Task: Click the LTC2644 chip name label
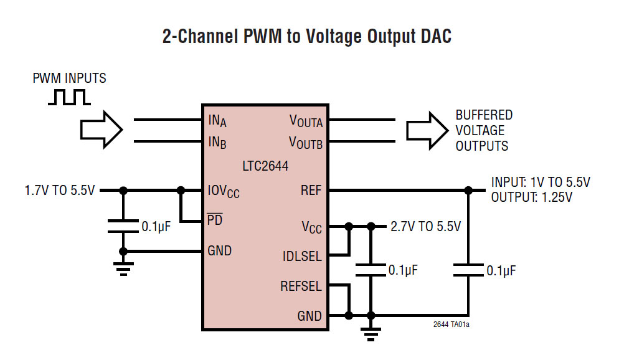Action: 265,166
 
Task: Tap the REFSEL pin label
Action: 301,287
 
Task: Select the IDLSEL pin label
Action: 302,255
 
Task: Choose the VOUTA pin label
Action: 306,121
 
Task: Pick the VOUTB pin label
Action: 306,142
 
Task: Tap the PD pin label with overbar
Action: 215,220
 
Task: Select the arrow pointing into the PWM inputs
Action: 101,130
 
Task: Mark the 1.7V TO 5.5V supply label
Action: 60,190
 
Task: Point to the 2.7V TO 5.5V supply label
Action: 425,226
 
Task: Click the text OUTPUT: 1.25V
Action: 531,197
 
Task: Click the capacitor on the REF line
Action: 468,270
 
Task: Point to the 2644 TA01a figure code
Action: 451,324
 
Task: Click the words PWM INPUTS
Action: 70,78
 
